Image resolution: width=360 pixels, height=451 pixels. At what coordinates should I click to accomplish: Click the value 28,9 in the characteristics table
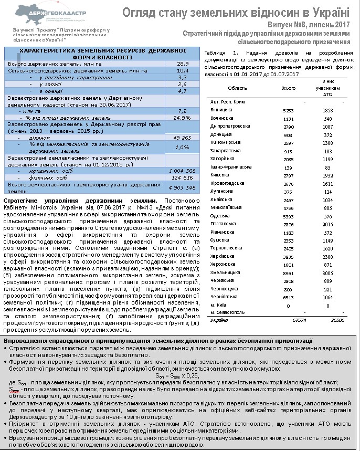(x=182, y=63)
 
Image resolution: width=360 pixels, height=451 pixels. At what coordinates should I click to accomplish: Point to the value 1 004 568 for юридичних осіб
(x=182, y=171)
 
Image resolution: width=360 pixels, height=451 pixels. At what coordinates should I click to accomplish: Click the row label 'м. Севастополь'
(x=227, y=312)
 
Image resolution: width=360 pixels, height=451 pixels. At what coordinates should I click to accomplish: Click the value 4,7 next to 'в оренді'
(x=182, y=91)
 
